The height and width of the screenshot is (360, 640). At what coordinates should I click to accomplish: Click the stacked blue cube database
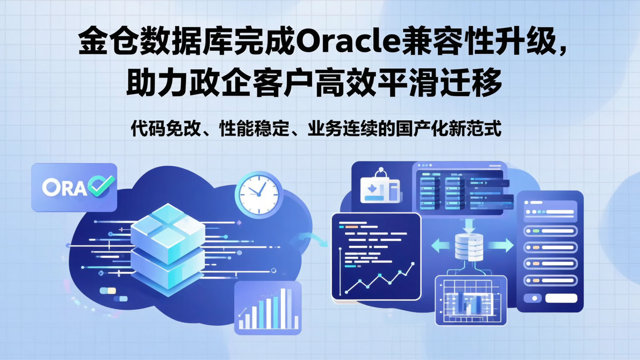[x=168, y=249]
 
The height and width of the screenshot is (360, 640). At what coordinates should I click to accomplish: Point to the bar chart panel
[x=268, y=308]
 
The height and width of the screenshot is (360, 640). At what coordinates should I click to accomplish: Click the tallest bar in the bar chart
[x=283, y=308]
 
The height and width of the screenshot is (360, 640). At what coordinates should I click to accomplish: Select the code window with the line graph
[x=376, y=256]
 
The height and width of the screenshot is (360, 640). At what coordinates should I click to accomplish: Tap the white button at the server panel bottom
[x=561, y=298]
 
